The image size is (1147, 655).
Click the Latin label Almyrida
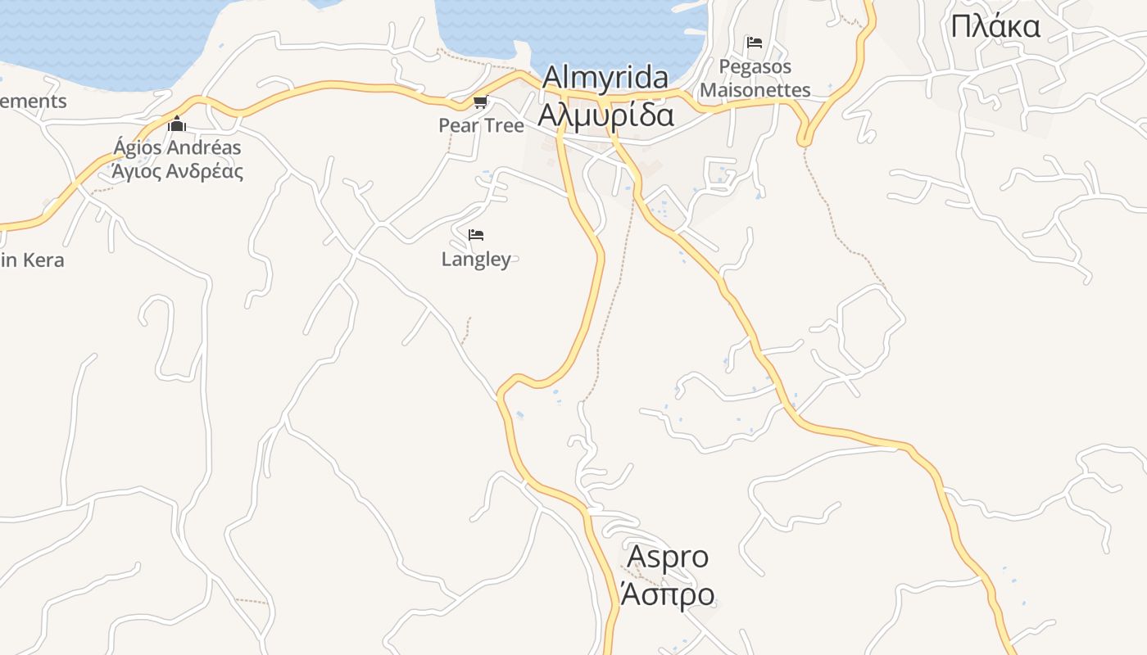pyautogui.click(x=605, y=78)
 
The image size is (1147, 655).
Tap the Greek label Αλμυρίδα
pyautogui.click(x=605, y=115)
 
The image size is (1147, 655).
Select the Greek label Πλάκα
pyautogui.click(x=995, y=27)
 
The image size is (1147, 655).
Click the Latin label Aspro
pyautogui.click(x=668, y=557)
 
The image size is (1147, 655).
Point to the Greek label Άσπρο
pyautogui.click(x=668, y=594)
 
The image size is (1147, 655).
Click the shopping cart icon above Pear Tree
pyautogui.click(x=480, y=102)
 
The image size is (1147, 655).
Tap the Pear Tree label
pyautogui.click(x=481, y=125)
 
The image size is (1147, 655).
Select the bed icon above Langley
pyautogui.click(x=476, y=235)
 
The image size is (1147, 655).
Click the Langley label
pyautogui.click(x=476, y=260)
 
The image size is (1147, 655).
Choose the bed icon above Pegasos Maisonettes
pyautogui.click(x=755, y=43)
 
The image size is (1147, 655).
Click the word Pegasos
pyautogui.click(x=755, y=65)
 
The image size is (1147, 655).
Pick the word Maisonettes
pyautogui.click(x=755, y=90)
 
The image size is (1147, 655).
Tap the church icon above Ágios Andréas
pyautogui.click(x=177, y=124)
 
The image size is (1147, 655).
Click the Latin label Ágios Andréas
pyautogui.click(x=177, y=148)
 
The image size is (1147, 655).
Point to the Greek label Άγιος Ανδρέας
pyautogui.click(x=177, y=172)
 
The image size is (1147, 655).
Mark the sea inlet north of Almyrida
pyautogui.click(x=573, y=29)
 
